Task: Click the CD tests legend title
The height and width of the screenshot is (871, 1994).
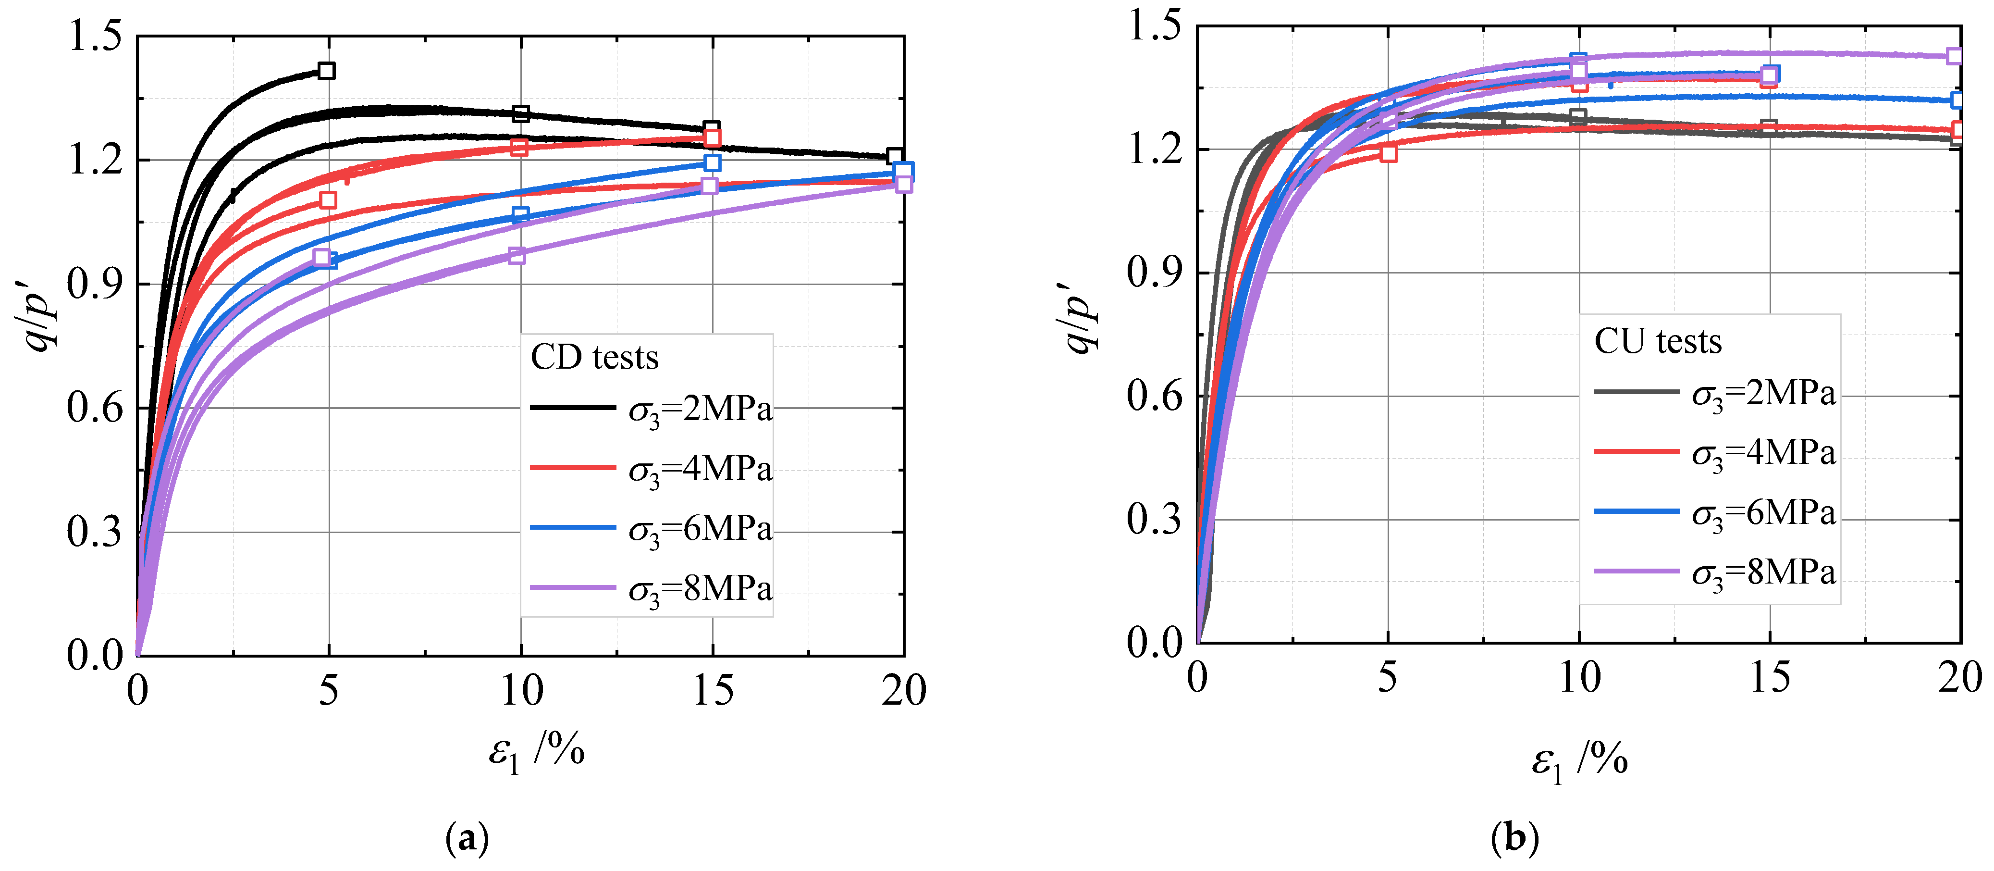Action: click(x=594, y=358)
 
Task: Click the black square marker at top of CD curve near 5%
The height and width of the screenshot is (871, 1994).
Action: click(x=327, y=71)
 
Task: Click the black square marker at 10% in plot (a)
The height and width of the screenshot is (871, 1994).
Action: click(x=521, y=114)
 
